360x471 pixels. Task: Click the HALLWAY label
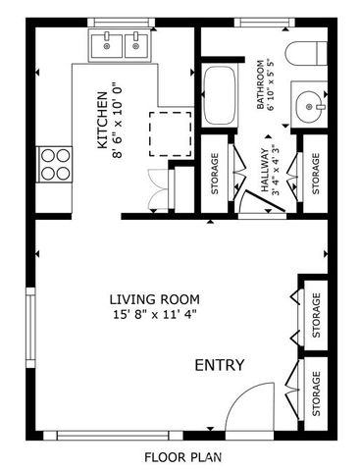pos(263,173)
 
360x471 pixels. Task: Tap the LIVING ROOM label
pos(155,299)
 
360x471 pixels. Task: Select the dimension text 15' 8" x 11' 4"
pos(155,315)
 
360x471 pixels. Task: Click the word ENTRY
pos(219,365)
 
